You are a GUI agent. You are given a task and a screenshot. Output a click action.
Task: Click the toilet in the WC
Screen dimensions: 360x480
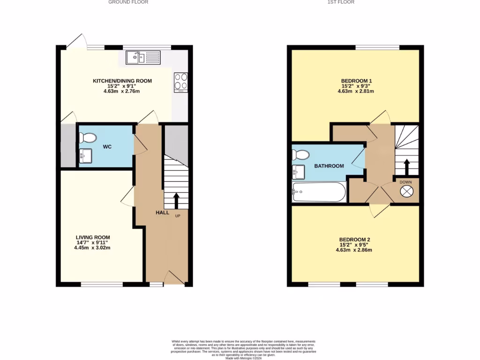[x=87, y=137]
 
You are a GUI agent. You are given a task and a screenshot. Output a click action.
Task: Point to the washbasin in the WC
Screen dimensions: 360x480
[x=85, y=155]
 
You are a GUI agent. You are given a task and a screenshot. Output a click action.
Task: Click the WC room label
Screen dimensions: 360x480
[x=107, y=147]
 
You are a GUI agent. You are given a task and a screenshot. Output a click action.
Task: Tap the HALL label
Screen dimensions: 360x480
[x=162, y=213]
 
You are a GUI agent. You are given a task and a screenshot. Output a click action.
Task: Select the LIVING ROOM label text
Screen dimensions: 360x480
[x=93, y=238]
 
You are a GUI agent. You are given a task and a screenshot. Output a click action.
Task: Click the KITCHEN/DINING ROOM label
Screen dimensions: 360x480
[x=122, y=81]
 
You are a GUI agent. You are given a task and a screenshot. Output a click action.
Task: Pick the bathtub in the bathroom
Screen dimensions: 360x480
[x=319, y=192]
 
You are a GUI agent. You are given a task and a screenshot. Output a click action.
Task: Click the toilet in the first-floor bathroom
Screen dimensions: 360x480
[x=300, y=154]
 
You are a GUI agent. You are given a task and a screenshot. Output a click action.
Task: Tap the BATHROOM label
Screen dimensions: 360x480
[x=329, y=166]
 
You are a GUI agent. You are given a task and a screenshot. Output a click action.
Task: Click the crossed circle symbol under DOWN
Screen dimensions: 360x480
[x=405, y=191]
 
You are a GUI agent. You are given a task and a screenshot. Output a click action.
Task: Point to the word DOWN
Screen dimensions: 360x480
[x=405, y=182]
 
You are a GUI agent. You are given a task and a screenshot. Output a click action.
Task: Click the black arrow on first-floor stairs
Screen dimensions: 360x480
[x=406, y=166]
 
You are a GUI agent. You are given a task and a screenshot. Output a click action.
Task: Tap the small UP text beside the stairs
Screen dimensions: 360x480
[x=178, y=216]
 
